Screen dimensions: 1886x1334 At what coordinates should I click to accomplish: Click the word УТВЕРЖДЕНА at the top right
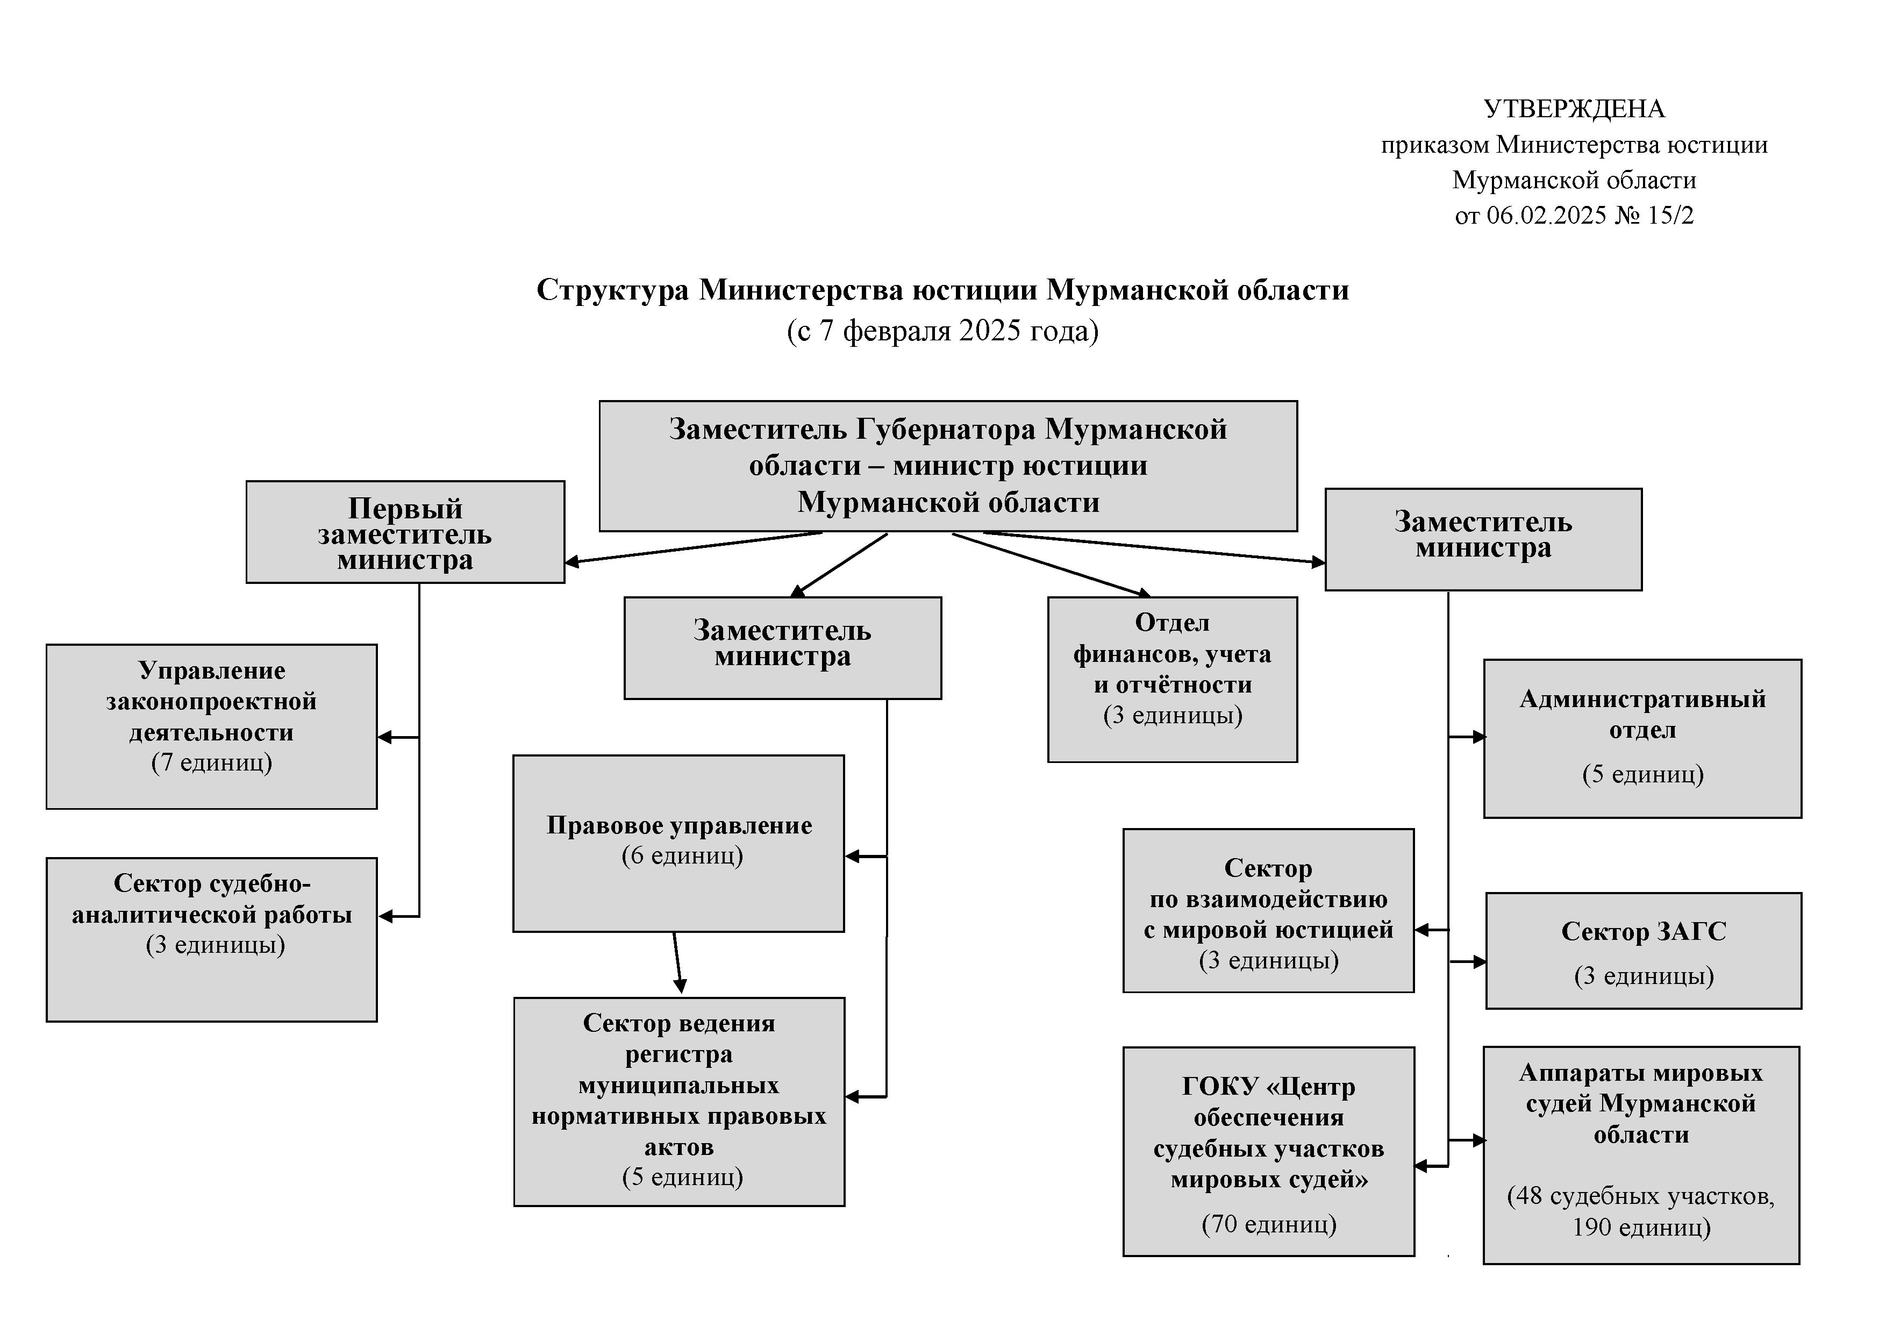1574,109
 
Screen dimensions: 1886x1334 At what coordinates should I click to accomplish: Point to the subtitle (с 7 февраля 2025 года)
942,330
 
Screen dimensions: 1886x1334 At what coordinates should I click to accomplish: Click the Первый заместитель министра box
405,532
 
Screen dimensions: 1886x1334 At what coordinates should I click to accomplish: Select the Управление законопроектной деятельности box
211,727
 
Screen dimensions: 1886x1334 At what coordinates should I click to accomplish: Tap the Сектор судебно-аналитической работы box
211,940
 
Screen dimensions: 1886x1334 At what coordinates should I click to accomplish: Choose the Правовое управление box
678,844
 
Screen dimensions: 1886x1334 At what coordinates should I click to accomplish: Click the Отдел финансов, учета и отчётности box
1172,679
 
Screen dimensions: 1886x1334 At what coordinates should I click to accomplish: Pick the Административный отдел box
1643,738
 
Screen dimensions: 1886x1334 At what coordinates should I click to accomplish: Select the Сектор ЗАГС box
1644,951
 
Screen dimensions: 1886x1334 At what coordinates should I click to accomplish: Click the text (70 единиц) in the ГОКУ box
1269,1224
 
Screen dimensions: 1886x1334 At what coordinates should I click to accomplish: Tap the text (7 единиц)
212,763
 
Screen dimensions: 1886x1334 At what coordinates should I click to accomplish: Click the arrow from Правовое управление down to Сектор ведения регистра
677,962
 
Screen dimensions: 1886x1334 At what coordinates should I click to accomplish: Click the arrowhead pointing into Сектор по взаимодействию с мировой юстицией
1422,930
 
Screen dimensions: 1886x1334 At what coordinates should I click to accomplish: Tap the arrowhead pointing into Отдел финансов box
1142,592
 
